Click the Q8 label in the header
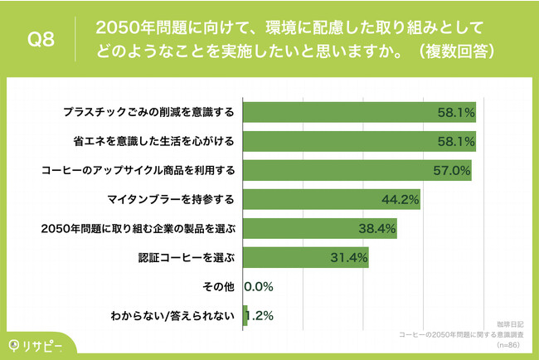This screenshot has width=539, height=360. pyautogui.click(x=41, y=39)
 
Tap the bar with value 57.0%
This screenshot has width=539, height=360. pyautogui.click(x=357, y=171)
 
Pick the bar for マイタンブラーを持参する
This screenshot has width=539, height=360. pyautogui.click(x=331, y=200)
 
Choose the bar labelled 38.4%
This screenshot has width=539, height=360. pyautogui.click(x=319, y=228)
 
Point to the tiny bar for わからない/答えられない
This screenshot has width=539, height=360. pyautogui.click(x=245, y=315)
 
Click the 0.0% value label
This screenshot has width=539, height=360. pyautogui.click(x=258, y=286)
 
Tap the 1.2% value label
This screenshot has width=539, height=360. pyautogui.click(x=261, y=315)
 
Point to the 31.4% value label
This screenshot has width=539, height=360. pyautogui.click(x=349, y=257)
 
